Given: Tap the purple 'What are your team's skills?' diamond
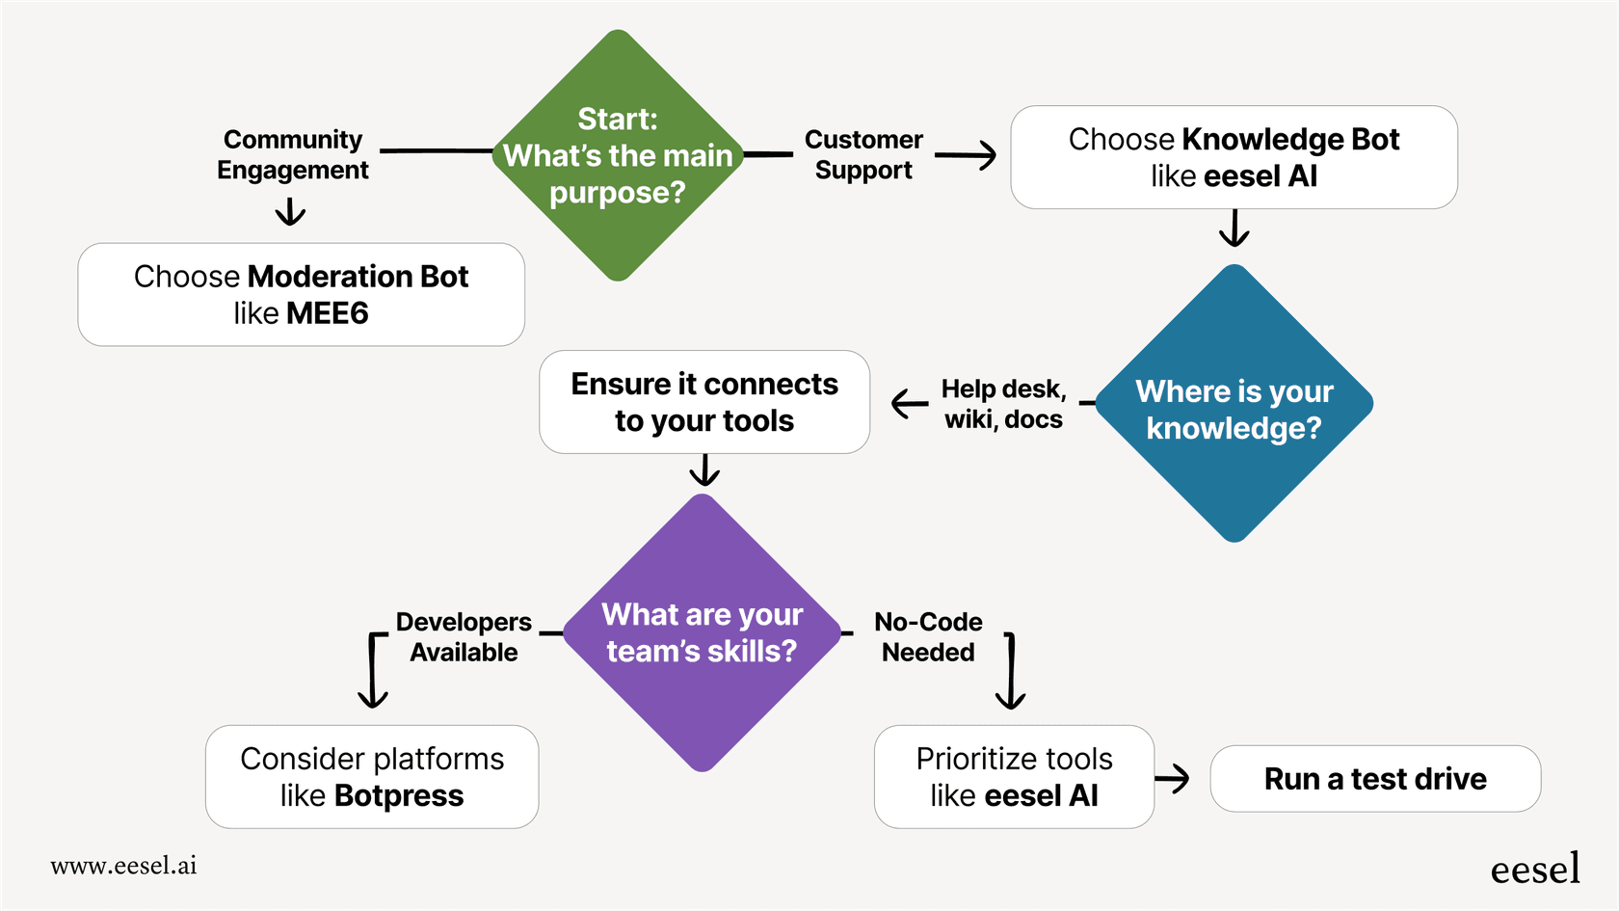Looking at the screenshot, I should [703, 633].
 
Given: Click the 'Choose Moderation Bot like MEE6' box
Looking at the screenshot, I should [301, 295].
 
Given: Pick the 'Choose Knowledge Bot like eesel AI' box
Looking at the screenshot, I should [1234, 157].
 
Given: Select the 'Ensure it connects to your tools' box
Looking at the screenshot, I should [704, 402].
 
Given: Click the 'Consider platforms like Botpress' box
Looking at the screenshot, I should [372, 777].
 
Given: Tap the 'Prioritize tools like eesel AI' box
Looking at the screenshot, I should [1014, 777].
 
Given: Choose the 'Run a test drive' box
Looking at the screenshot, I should [1375, 779].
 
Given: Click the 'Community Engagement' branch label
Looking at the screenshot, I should [293, 154].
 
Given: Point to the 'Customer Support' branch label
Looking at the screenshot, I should [863, 154].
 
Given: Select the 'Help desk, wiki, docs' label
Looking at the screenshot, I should [1003, 404].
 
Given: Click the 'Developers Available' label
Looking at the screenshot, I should [464, 637].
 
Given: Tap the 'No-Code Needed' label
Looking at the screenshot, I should [928, 637].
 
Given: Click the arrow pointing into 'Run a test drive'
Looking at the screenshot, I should [1173, 778].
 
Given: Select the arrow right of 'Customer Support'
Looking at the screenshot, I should [966, 155].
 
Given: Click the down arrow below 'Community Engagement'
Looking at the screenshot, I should [290, 212].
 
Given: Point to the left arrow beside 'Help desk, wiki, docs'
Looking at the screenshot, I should [909, 404].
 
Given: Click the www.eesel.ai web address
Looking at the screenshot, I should [123, 866].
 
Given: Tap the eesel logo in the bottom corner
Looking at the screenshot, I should [1535, 869].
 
